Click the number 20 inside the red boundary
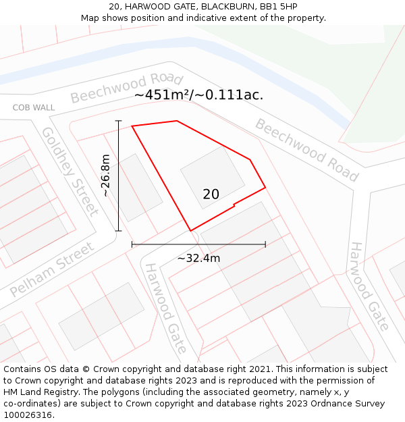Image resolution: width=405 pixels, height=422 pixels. [211, 194]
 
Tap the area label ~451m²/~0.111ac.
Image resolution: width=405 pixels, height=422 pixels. [198, 95]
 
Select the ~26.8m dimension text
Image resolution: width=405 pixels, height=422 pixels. [105, 176]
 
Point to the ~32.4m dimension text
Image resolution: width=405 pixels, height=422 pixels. [198, 258]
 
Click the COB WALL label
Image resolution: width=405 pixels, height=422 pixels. [34, 108]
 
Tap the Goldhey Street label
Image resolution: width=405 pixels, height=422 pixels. [70, 171]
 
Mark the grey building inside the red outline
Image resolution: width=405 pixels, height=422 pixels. [213, 177]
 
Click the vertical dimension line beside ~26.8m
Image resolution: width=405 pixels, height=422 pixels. [119, 176]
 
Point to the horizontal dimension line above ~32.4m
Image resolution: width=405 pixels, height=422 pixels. [198, 244]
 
